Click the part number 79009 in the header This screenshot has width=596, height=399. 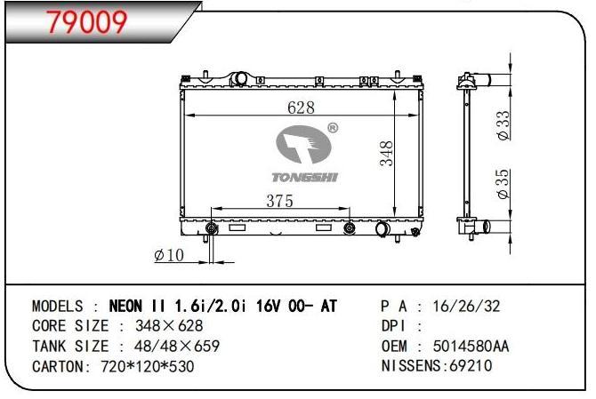(87, 22)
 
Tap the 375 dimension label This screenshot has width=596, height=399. (279, 202)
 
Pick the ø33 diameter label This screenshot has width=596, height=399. (504, 125)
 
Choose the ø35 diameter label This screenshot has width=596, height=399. (504, 184)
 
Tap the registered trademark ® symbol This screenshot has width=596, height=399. (332, 129)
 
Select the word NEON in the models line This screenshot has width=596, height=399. (130, 307)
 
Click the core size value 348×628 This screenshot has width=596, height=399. (168, 327)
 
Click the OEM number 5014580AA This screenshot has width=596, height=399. (471, 347)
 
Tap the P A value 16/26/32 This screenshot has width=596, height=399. (465, 307)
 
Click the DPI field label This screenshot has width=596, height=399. (395, 327)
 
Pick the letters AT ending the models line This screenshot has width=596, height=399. (328, 307)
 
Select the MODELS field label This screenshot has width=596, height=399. (58, 307)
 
